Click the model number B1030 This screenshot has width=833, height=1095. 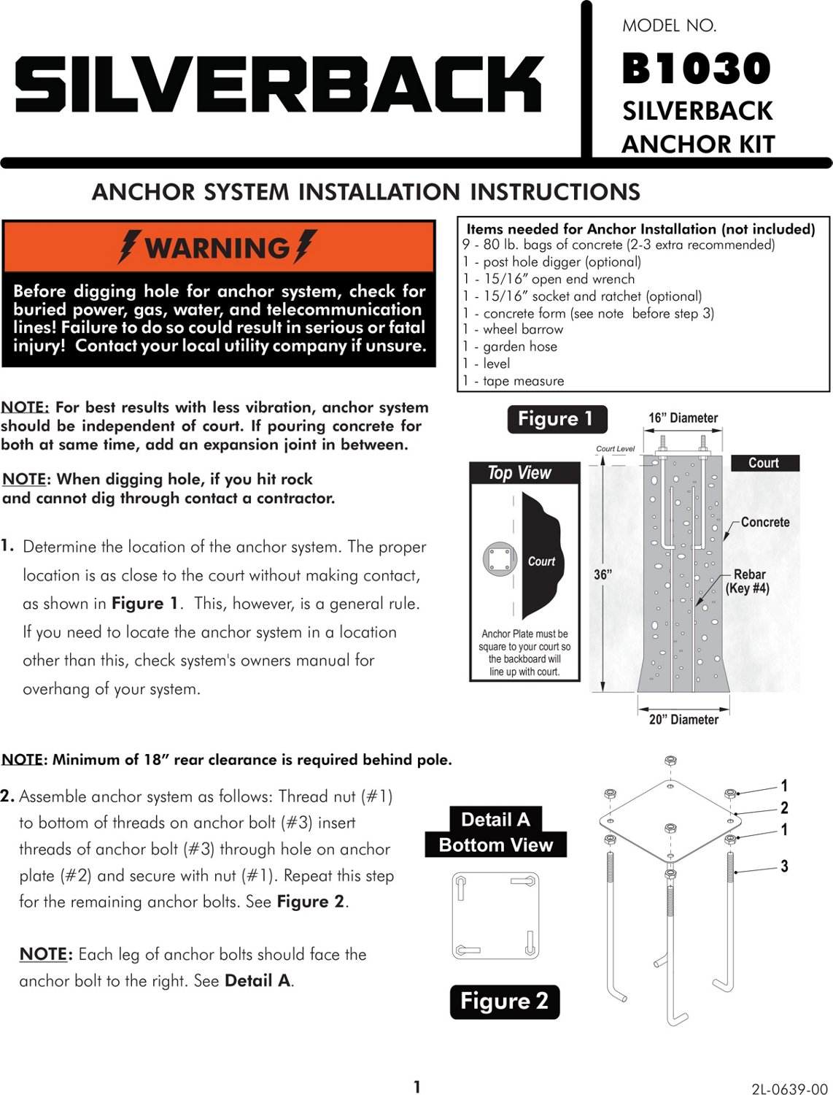click(697, 69)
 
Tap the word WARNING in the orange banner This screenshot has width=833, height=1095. click(217, 248)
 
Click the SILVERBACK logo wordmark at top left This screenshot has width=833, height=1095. click(279, 85)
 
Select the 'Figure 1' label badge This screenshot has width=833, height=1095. click(557, 419)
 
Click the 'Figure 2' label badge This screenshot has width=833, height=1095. click(504, 1001)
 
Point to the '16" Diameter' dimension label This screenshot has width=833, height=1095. click(683, 418)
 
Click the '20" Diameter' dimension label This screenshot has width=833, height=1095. click(683, 720)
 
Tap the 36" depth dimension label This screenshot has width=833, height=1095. click(603, 575)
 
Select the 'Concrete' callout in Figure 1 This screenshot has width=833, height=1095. click(765, 522)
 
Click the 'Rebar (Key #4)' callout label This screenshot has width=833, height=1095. click(748, 582)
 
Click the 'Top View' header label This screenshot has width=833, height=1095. click(519, 473)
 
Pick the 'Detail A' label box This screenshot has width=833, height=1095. click(495, 820)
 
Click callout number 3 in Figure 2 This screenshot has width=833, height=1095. click(784, 867)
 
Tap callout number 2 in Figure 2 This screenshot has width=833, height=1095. click(784, 808)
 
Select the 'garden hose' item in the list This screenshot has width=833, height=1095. click(519, 347)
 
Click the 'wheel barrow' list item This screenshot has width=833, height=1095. click(522, 329)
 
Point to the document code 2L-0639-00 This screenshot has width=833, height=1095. click(790, 1089)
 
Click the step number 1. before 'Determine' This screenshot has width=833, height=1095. click(7, 545)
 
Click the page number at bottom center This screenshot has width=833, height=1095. click(417, 1087)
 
